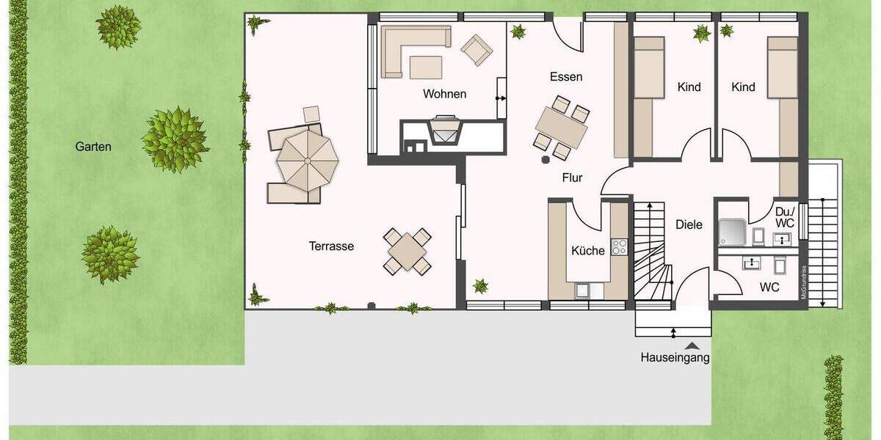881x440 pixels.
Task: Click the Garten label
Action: tap(93, 147)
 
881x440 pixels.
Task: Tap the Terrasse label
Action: tap(331, 246)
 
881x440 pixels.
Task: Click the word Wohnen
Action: tap(444, 94)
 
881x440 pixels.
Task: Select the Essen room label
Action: tap(566, 77)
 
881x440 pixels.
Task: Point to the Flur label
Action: tap(572, 177)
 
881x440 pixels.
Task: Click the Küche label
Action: tap(588, 251)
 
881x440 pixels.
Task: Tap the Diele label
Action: tap(689, 225)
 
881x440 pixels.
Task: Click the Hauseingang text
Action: tap(675, 359)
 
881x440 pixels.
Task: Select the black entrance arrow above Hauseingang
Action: tap(691, 345)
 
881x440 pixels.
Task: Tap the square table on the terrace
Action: tap(407, 252)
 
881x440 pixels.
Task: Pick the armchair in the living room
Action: tap(476, 49)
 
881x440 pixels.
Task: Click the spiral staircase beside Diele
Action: tap(653, 253)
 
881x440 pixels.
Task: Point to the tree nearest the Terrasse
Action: tap(175, 139)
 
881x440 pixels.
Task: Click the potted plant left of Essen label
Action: tap(518, 32)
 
